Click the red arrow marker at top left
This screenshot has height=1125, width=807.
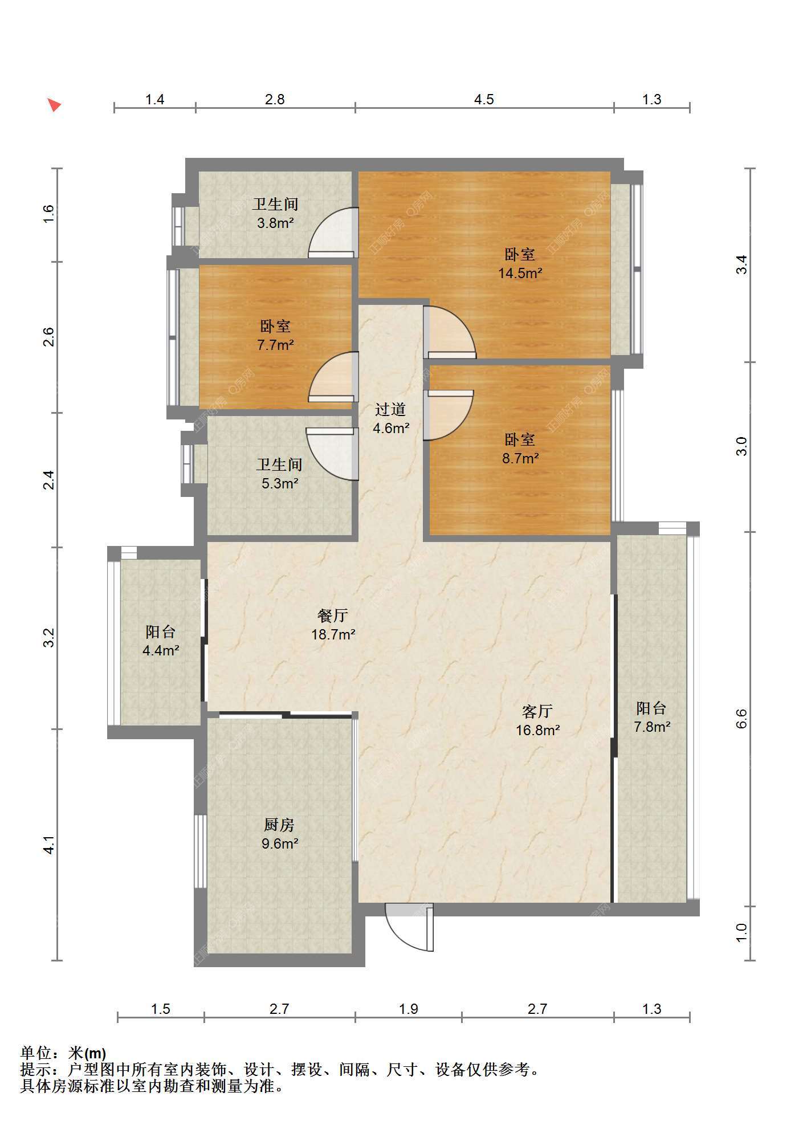tap(54, 105)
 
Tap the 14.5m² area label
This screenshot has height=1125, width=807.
tap(520, 273)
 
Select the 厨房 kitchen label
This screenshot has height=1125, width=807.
tap(279, 825)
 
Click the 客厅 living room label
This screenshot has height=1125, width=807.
tap(537, 711)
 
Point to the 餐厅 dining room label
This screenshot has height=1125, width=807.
tap(333, 616)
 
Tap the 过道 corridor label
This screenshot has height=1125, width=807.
tap(390, 409)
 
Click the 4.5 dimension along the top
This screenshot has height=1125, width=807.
tap(484, 100)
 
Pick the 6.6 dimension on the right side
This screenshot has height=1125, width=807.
tap(741, 719)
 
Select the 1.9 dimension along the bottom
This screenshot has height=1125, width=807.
tap(408, 1009)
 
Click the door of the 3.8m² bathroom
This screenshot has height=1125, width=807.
tap(333, 233)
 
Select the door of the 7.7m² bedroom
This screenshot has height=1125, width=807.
tap(333, 377)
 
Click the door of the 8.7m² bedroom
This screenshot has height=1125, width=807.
tap(449, 415)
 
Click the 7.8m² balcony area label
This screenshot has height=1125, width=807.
tap(652, 727)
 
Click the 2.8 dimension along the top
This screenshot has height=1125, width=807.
tap(275, 100)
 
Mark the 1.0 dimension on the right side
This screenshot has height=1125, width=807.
tap(741, 932)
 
